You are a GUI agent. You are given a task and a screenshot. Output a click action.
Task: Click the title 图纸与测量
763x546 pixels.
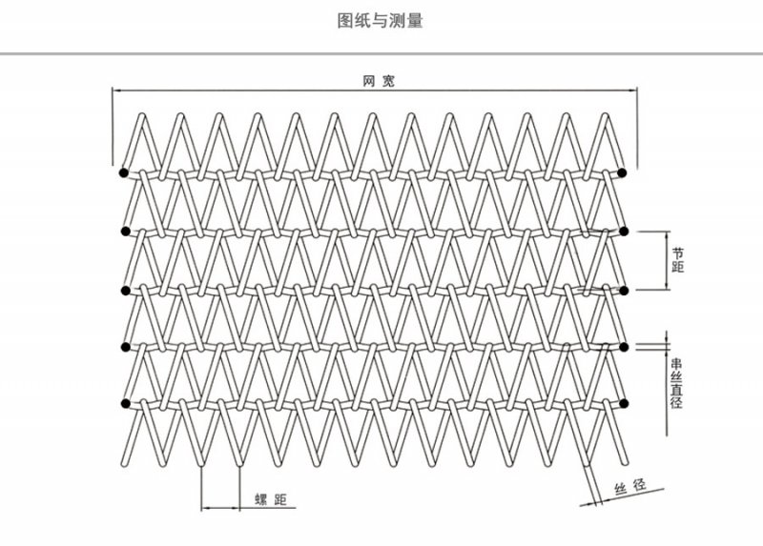tap(380, 20)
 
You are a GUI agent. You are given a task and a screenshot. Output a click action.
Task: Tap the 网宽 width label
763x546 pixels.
tap(379, 81)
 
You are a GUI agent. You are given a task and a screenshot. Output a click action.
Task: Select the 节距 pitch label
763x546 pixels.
tap(678, 260)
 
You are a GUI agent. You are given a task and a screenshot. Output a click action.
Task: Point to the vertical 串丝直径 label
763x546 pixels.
tap(677, 383)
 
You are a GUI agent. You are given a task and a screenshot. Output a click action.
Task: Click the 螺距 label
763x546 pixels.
tap(271, 499)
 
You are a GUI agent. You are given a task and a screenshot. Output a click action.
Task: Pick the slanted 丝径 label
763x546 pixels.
tap(630, 487)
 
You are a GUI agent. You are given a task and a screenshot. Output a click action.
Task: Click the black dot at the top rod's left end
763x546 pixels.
tap(124, 172)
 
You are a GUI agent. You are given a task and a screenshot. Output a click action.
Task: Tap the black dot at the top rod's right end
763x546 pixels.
tap(622, 172)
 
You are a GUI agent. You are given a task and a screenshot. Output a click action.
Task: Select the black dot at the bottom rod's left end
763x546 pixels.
tap(126, 403)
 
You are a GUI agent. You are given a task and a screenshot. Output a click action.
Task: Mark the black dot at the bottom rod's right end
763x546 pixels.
tap(624, 403)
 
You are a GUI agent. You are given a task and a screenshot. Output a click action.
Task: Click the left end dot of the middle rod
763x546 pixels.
tap(125, 291)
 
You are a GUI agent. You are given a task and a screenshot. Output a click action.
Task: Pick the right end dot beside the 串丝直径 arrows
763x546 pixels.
tap(624, 347)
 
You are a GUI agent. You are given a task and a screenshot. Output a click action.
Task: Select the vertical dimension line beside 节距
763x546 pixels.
tap(667, 260)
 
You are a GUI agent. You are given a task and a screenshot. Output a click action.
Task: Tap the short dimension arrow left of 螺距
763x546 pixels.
tap(220, 508)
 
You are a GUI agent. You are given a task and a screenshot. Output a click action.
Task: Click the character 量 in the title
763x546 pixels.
tap(415, 20)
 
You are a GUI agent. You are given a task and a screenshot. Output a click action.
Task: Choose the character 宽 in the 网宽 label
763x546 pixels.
tap(388, 81)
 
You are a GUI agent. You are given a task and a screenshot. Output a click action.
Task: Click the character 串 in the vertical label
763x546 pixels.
tap(677, 364)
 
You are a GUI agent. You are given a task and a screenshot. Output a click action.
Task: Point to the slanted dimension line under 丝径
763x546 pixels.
tap(622, 497)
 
